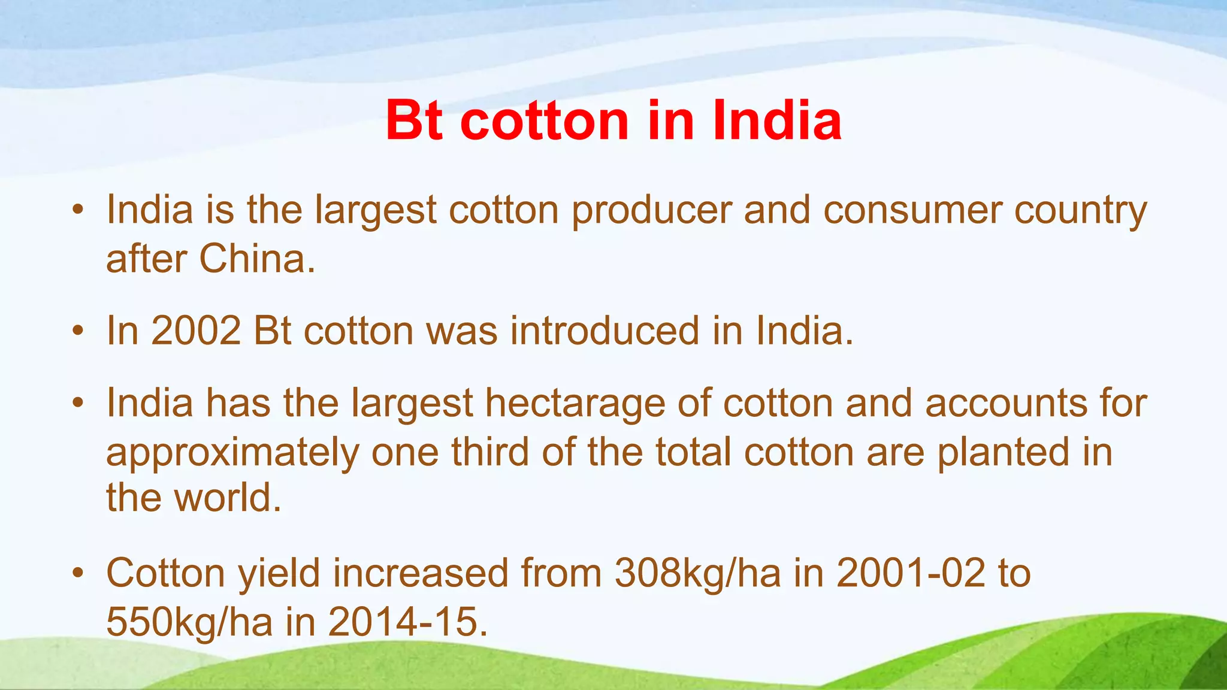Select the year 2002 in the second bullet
point(196,331)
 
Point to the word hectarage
point(575,403)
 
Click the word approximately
point(232,453)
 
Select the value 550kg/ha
point(189,622)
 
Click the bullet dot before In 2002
point(77,331)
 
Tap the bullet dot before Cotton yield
point(77,574)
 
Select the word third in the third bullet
point(490,452)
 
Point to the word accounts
point(1006,403)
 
